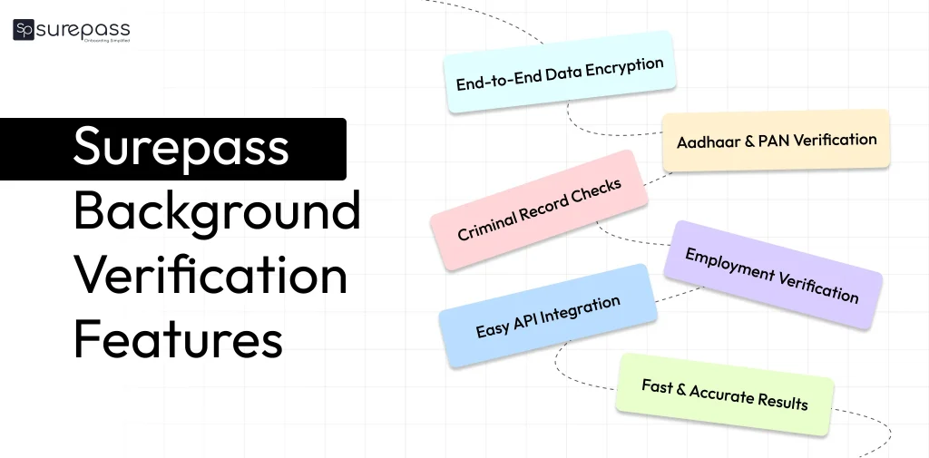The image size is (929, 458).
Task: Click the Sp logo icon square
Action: pyautogui.click(x=24, y=30)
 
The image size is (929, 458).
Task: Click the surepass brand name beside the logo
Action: pyautogui.click(x=83, y=28)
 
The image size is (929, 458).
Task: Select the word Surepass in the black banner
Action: pyautogui.click(x=181, y=148)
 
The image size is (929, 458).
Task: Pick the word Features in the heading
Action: pyautogui.click(x=178, y=339)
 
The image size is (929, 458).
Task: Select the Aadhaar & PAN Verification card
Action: pyautogui.click(x=777, y=141)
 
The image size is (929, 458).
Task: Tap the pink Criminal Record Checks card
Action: pyautogui.click(x=539, y=210)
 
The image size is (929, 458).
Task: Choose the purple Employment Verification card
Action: pyautogui.click(x=772, y=274)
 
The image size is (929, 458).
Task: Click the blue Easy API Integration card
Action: pyautogui.click(x=548, y=317)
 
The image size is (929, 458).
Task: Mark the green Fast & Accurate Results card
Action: pyautogui.click(x=725, y=394)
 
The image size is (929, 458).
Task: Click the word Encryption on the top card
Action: pyautogui.click(x=625, y=67)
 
